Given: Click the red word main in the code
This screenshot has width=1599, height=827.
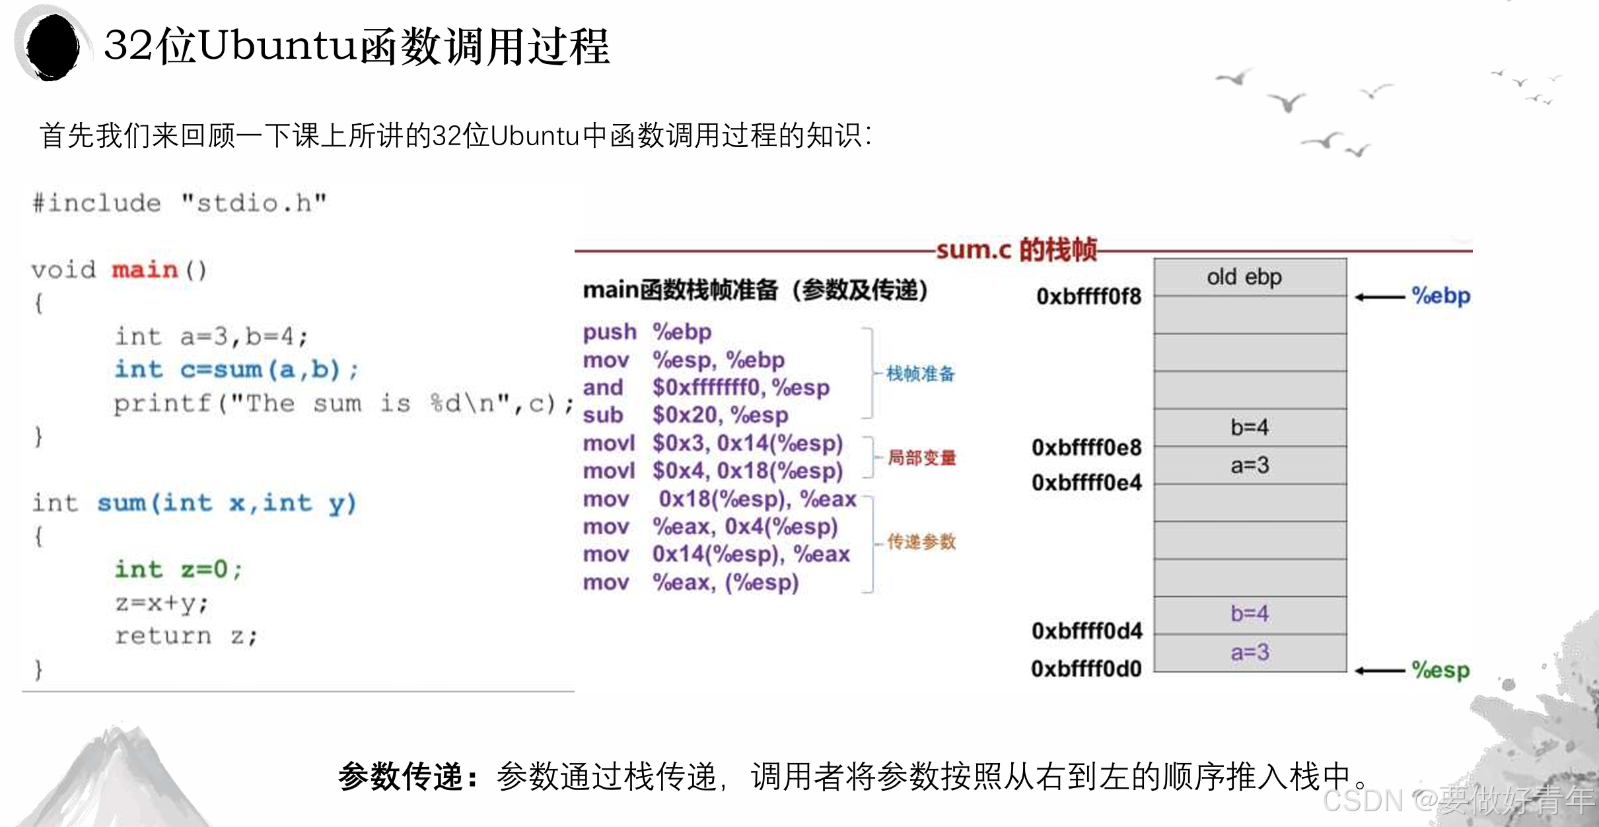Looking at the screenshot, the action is pyautogui.click(x=145, y=270).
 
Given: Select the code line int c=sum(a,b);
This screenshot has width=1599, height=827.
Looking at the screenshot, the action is pyautogui.click(x=236, y=370).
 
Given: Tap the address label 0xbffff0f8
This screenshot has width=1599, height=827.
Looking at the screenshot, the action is pyautogui.click(x=1088, y=297).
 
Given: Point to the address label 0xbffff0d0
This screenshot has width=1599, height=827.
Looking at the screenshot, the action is pyautogui.click(x=1086, y=669).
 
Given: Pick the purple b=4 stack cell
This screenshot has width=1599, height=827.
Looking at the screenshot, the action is pyautogui.click(x=1250, y=614).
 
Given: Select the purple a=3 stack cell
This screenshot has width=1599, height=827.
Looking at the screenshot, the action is pyautogui.click(x=1250, y=653).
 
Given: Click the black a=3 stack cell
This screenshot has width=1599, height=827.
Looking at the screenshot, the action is pyautogui.click(x=1250, y=465).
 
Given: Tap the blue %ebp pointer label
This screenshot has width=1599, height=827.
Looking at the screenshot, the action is pyautogui.click(x=1441, y=296).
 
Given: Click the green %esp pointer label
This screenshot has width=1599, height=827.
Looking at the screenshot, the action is pyautogui.click(x=1441, y=671).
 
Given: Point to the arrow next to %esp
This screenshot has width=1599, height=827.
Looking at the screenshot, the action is pyautogui.click(x=1379, y=671).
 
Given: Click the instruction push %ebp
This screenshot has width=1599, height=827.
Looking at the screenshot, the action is pyautogui.click(x=647, y=332).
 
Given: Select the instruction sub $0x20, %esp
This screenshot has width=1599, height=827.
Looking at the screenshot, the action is pyautogui.click(x=686, y=415).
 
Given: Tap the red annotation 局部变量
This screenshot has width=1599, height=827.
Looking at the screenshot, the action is pyautogui.click(x=921, y=457).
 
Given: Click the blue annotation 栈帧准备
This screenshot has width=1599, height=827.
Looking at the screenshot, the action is pyautogui.click(x=921, y=374).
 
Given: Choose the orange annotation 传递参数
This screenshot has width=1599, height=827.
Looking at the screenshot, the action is pyautogui.click(x=921, y=542).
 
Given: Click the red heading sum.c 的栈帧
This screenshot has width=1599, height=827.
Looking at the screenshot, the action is pyautogui.click(x=1016, y=249).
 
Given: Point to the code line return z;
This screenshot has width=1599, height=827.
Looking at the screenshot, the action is pyautogui.click(x=186, y=636).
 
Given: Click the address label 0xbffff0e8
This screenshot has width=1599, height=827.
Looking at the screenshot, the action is pyautogui.click(x=1086, y=447).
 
